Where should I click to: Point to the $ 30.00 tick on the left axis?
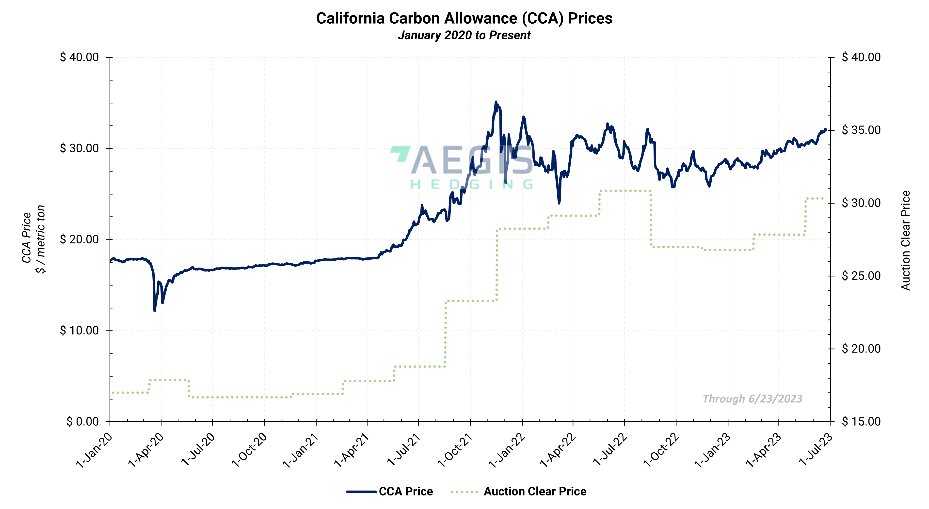[79, 148]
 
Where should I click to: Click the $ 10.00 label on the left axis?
[79, 330]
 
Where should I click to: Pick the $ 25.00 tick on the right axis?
[861, 276]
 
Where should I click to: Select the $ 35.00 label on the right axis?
[861, 130]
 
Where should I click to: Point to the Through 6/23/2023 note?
[752, 399]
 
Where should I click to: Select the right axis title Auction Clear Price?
[906, 240]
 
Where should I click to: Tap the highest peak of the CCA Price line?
[496, 102]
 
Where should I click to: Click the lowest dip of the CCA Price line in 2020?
[155, 310]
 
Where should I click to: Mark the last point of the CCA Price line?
[826, 129]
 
